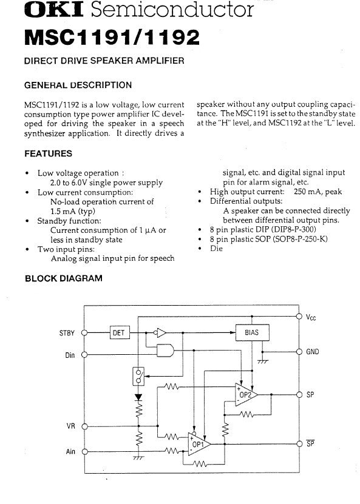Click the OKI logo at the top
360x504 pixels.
[x=53, y=10]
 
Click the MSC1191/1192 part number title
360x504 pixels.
[x=112, y=37]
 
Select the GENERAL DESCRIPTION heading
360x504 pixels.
[x=78, y=85]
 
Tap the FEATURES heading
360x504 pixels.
[x=48, y=153]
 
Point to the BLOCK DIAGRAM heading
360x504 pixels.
[x=64, y=278]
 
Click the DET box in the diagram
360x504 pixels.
[x=120, y=333]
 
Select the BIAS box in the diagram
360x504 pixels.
[x=252, y=332]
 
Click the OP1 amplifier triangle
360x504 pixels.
[x=200, y=444]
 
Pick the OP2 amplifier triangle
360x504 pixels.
[x=246, y=394]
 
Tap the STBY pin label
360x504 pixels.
[x=67, y=333]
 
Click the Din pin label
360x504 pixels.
[x=70, y=355]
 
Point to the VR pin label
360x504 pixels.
[x=71, y=426]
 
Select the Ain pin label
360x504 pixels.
[x=70, y=452]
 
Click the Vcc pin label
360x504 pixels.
[x=311, y=317]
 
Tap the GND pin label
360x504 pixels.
[x=313, y=352]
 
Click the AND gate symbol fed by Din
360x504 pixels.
[x=165, y=351]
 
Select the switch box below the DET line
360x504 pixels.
[x=138, y=376]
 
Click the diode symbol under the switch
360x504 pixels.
[x=138, y=397]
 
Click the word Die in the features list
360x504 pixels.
[x=216, y=249]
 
